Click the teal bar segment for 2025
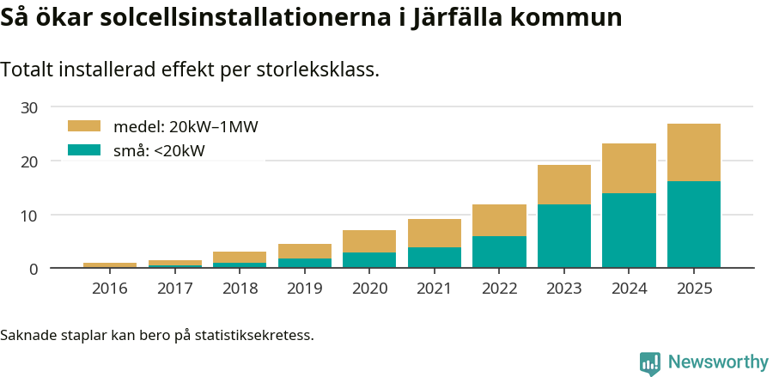click(x=693, y=224)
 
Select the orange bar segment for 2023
click(x=563, y=185)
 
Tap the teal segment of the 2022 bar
click(x=499, y=252)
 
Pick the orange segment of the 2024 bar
click(x=629, y=168)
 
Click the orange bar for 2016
click(x=110, y=265)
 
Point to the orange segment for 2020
click(x=369, y=241)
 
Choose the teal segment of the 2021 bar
click(x=434, y=258)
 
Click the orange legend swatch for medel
click(x=84, y=126)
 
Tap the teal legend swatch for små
click(x=84, y=150)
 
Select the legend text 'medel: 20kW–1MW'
click(x=186, y=127)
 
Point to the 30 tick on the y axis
click(x=30, y=107)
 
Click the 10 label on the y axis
click(x=30, y=215)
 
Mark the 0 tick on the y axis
click(x=33, y=269)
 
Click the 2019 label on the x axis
click(x=304, y=289)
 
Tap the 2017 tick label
click(x=174, y=289)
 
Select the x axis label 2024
click(x=629, y=289)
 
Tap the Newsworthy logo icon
click(x=650, y=362)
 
